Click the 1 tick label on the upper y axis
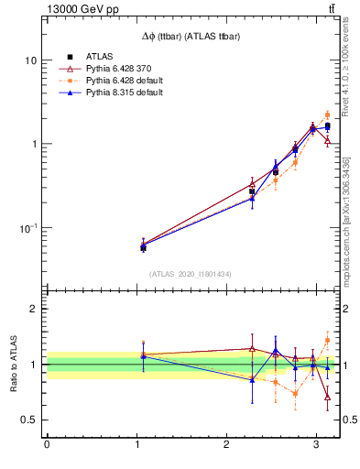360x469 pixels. click(34, 145)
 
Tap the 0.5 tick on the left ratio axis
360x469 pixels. click(30, 420)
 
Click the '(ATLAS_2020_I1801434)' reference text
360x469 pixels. click(191, 275)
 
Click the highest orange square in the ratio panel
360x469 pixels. click(328, 340)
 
